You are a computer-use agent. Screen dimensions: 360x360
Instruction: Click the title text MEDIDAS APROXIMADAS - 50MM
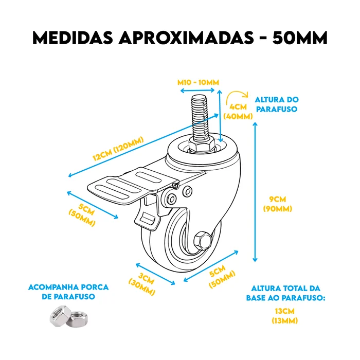click(x=180, y=38)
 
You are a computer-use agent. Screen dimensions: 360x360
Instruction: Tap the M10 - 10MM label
click(x=198, y=82)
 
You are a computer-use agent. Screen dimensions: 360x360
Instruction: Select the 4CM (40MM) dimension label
click(x=238, y=112)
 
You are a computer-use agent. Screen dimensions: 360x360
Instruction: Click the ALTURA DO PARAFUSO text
click(x=277, y=104)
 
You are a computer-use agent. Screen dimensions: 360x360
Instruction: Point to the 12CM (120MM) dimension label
click(x=118, y=149)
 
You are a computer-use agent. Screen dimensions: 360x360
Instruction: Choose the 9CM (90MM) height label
click(x=278, y=204)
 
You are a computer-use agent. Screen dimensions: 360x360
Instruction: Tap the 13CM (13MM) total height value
click(x=285, y=316)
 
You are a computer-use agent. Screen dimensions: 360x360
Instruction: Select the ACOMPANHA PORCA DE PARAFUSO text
click(x=68, y=292)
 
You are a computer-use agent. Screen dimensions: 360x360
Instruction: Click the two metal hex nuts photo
click(x=68, y=316)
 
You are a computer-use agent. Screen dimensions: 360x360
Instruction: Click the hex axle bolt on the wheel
click(x=203, y=241)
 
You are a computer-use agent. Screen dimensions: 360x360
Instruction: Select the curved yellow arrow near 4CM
click(x=237, y=98)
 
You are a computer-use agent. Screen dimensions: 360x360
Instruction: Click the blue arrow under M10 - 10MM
click(x=197, y=91)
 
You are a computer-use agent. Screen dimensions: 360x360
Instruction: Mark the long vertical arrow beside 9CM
click(x=255, y=192)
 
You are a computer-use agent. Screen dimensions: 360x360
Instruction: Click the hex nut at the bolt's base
click(x=202, y=146)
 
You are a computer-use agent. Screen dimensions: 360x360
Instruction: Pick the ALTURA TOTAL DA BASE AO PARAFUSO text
click(x=285, y=293)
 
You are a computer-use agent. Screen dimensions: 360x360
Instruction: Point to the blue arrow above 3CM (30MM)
click(x=155, y=274)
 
